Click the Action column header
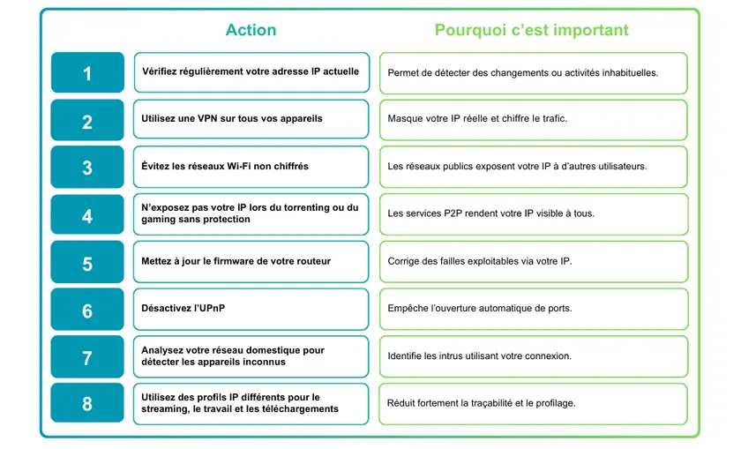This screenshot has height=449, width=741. pyautogui.click(x=251, y=30)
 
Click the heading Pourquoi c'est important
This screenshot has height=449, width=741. pyautogui.click(x=531, y=30)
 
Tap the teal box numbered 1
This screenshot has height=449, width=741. pyautogui.click(x=87, y=73)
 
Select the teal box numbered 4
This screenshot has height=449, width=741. pyautogui.click(x=87, y=215)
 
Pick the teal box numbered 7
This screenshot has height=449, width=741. pyautogui.click(x=87, y=357)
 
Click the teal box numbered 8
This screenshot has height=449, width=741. pyautogui.click(x=87, y=404)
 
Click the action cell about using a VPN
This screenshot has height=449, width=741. pyautogui.click(x=251, y=119)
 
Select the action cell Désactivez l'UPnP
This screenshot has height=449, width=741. pyautogui.click(x=251, y=309)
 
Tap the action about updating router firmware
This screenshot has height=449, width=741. pyautogui.click(x=251, y=262)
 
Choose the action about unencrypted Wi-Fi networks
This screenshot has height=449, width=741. pyautogui.click(x=251, y=167)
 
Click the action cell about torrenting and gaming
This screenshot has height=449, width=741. pyautogui.click(x=251, y=214)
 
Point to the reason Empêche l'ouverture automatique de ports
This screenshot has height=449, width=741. pyautogui.click(x=533, y=309)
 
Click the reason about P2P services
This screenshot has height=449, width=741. pyautogui.click(x=533, y=213)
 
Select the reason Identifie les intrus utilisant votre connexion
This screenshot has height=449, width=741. pyautogui.click(x=533, y=356)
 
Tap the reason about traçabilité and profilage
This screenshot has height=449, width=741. pyautogui.click(x=533, y=403)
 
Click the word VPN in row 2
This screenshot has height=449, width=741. pyautogui.click(x=214, y=119)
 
